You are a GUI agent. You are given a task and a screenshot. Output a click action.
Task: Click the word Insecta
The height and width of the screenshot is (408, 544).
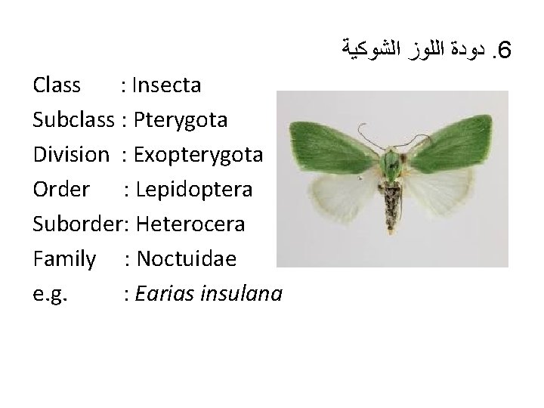[166, 85]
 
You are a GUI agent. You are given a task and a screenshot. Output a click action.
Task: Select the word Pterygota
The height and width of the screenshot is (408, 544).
[174, 119]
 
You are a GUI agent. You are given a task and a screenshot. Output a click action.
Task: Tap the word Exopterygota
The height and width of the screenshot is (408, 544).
[197, 155]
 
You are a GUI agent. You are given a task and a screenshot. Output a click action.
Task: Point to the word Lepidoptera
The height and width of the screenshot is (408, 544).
[190, 190]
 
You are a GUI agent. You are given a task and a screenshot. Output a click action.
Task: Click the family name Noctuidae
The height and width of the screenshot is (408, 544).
[184, 259]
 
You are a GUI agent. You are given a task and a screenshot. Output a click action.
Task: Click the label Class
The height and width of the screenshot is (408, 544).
[57, 85]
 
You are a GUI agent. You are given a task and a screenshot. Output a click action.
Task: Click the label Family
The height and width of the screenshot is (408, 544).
[65, 259]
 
